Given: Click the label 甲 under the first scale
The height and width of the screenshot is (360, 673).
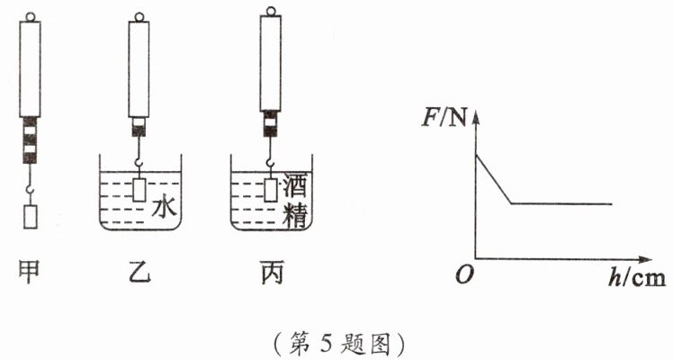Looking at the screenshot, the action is pos(30,274).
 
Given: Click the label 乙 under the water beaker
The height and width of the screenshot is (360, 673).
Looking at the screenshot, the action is pos(140,273).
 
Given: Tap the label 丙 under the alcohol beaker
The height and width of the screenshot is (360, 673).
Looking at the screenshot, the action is pos(272,274).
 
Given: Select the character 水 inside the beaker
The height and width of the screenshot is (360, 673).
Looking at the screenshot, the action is pos(165,206).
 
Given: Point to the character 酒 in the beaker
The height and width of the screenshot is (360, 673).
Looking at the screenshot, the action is pos(295,185).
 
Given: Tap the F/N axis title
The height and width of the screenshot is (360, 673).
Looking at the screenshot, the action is pos(444,118).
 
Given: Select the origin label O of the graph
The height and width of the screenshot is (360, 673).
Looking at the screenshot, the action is pos(464,274).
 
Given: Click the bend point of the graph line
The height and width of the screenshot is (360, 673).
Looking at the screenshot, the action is pos(511,203).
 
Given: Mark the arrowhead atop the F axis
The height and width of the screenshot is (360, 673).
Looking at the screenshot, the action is pos(476,116).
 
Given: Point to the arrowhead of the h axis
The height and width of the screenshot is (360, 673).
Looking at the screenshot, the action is pos(645,259).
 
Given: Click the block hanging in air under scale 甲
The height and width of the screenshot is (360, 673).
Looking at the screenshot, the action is pos(30,216).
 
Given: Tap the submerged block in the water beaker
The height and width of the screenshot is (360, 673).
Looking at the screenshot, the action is pos(139,190).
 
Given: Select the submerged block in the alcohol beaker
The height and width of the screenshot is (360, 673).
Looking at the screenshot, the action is pos(271,190).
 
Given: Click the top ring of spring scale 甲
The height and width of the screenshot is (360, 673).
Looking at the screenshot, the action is pos(30,17).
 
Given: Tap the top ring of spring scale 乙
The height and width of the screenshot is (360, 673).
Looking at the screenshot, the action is pos(139,17).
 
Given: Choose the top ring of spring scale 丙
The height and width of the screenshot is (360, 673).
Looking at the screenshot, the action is pos(271,11).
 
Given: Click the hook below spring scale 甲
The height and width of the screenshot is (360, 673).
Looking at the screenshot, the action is pos(30,189).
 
